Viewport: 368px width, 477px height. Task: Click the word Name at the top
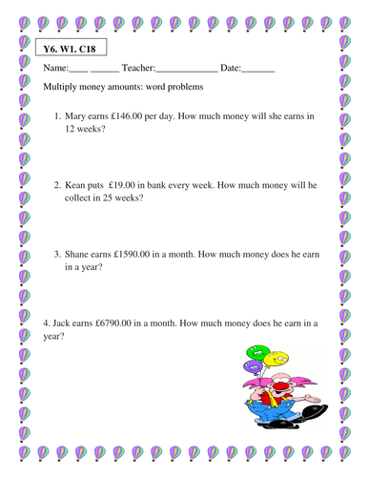pos(56,68)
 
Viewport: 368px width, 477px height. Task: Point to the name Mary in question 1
pos(79,117)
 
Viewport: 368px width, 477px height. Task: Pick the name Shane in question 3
pos(81,254)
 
